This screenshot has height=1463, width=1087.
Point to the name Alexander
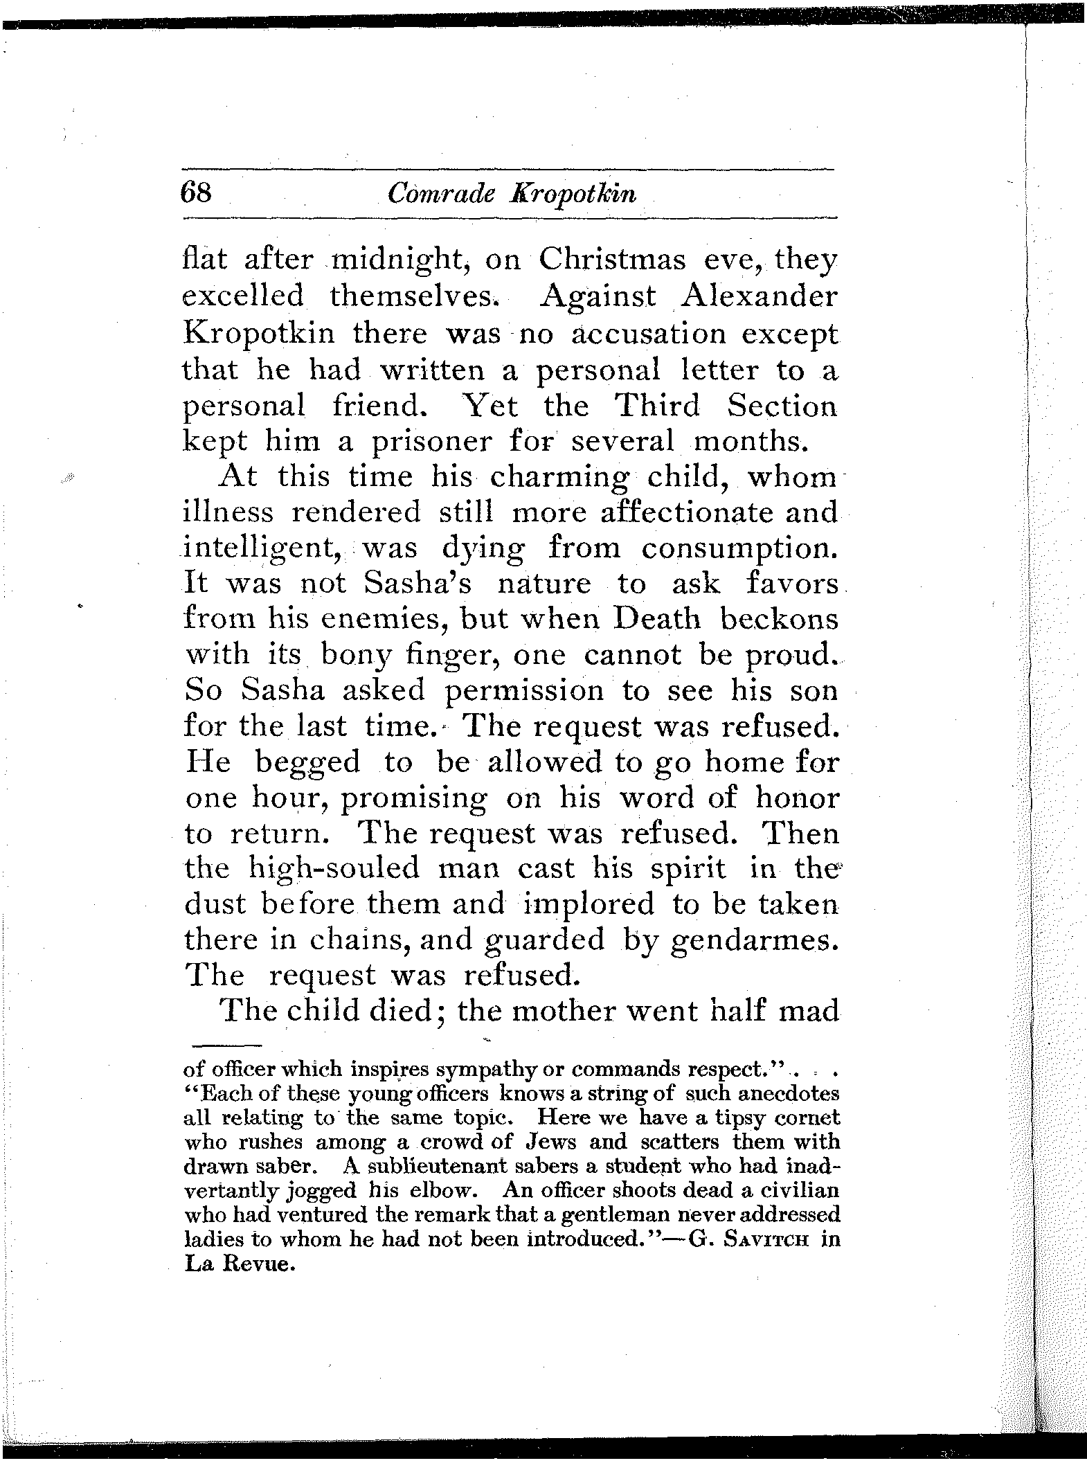[759, 296]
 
